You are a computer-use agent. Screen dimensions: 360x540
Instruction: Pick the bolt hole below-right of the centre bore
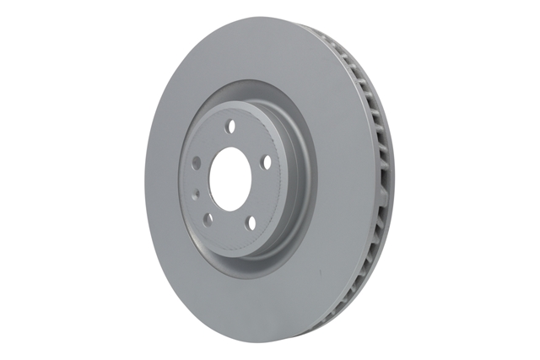pos(251,221)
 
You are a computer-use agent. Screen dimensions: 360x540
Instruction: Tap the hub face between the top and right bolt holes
pos(253,139)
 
